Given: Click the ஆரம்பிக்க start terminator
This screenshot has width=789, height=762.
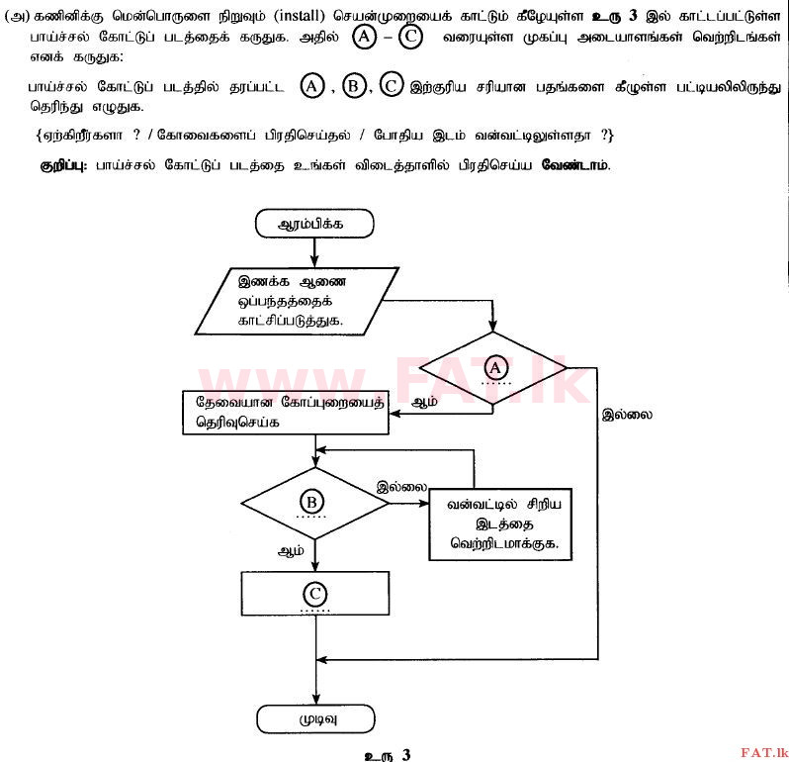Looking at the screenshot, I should (x=314, y=224).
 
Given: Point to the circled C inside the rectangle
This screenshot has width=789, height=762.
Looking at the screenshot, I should (x=314, y=594).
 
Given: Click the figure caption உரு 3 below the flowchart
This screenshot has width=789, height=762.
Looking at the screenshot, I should (x=387, y=754).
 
